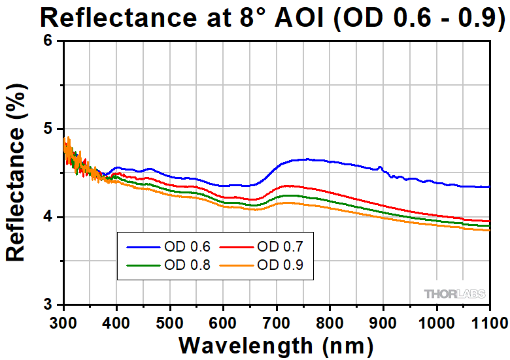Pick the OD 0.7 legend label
(x=280, y=247)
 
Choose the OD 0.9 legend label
(x=280, y=265)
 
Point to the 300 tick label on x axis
(x=63, y=321)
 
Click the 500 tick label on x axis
(x=170, y=321)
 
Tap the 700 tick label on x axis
(x=277, y=321)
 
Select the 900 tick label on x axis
(x=383, y=321)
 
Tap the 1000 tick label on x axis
(x=436, y=321)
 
